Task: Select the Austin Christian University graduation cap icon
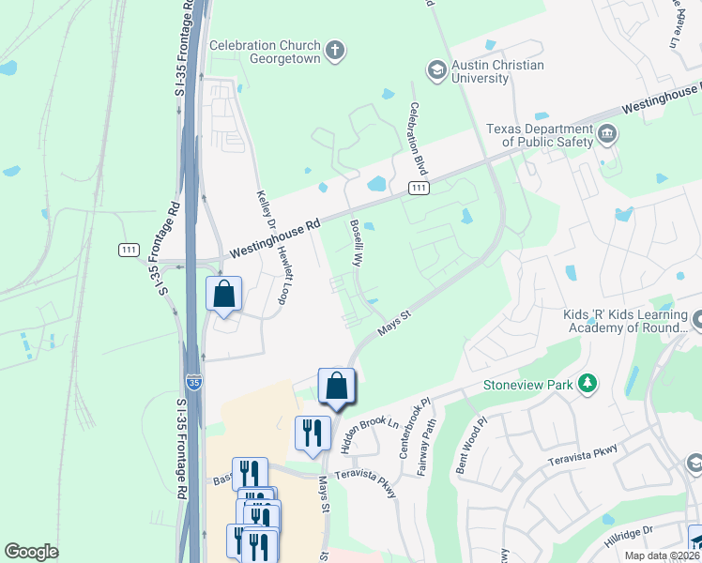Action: coord(435,69)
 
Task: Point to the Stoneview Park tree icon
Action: coord(588,383)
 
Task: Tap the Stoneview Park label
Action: coord(528,384)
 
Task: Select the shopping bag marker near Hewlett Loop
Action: coord(224,294)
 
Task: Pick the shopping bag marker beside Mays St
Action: coord(337,386)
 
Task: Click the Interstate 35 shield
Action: coord(193,382)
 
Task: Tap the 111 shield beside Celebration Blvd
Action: coord(419,189)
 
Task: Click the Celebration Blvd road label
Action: coord(418,141)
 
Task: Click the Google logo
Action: coord(32,552)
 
